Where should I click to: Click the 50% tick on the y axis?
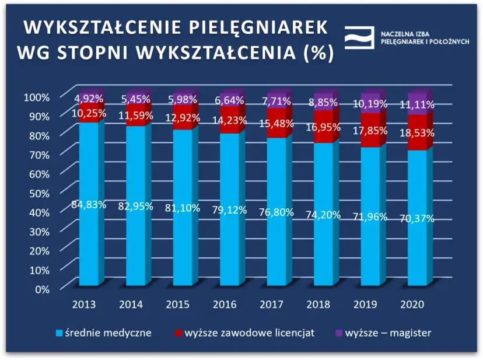(x=38, y=192)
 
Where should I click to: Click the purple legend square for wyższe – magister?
(x=339, y=334)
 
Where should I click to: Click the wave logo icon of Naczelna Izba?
(x=359, y=37)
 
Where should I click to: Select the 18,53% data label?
(x=418, y=133)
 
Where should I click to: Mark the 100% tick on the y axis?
(x=36, y=96)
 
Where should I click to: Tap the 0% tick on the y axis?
(x=42, y=288)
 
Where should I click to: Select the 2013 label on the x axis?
(x=84, y=305)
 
